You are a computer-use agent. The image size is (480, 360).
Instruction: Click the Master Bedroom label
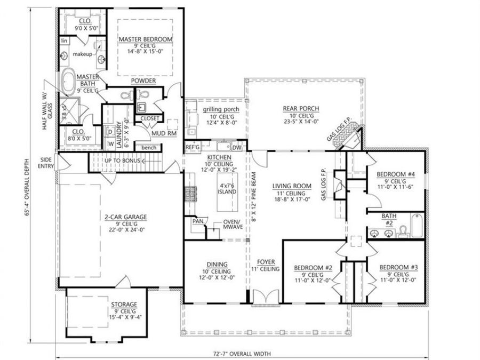(145, 39)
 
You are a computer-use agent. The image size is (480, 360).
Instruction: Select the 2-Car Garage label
(125, 217)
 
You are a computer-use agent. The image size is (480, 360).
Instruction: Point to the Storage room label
(124, 304)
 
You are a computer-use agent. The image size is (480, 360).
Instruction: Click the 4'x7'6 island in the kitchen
(227, 190)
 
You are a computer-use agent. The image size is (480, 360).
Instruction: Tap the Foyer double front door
(265, 297)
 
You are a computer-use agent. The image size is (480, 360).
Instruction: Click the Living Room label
(289, 186)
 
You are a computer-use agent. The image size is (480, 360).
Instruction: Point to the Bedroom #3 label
(398, 267)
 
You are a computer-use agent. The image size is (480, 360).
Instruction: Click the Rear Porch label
(297, 108)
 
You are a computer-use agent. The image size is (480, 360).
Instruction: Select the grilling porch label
(220, 110)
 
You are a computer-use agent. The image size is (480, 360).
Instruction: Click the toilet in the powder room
(126, 97)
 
